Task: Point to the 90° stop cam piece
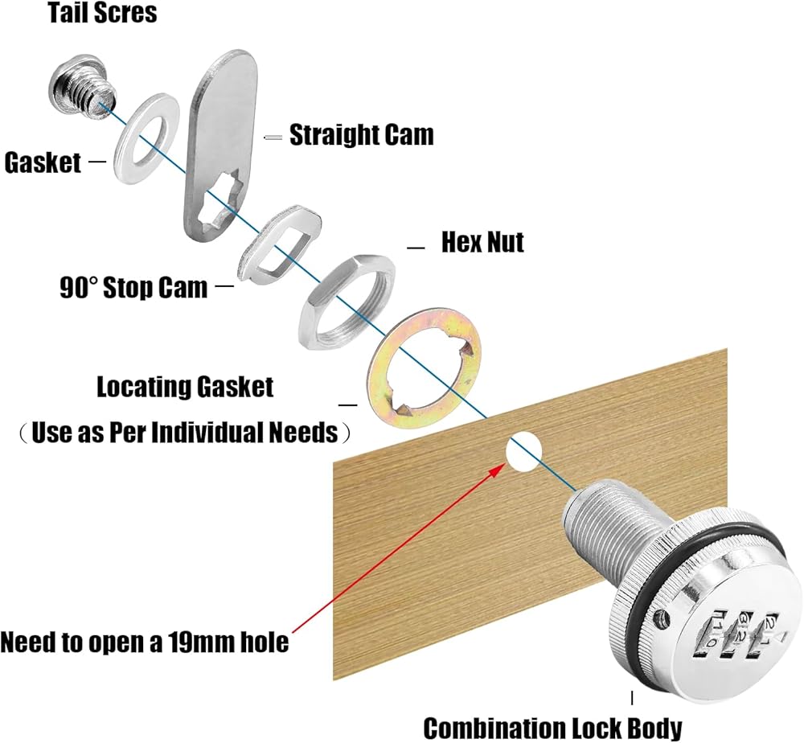[279, 248]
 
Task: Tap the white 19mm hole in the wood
[522, 453]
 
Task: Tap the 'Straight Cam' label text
[361, 135]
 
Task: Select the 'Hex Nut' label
[482, 242]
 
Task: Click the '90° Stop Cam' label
[133, 287]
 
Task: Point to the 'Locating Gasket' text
[185, 388]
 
